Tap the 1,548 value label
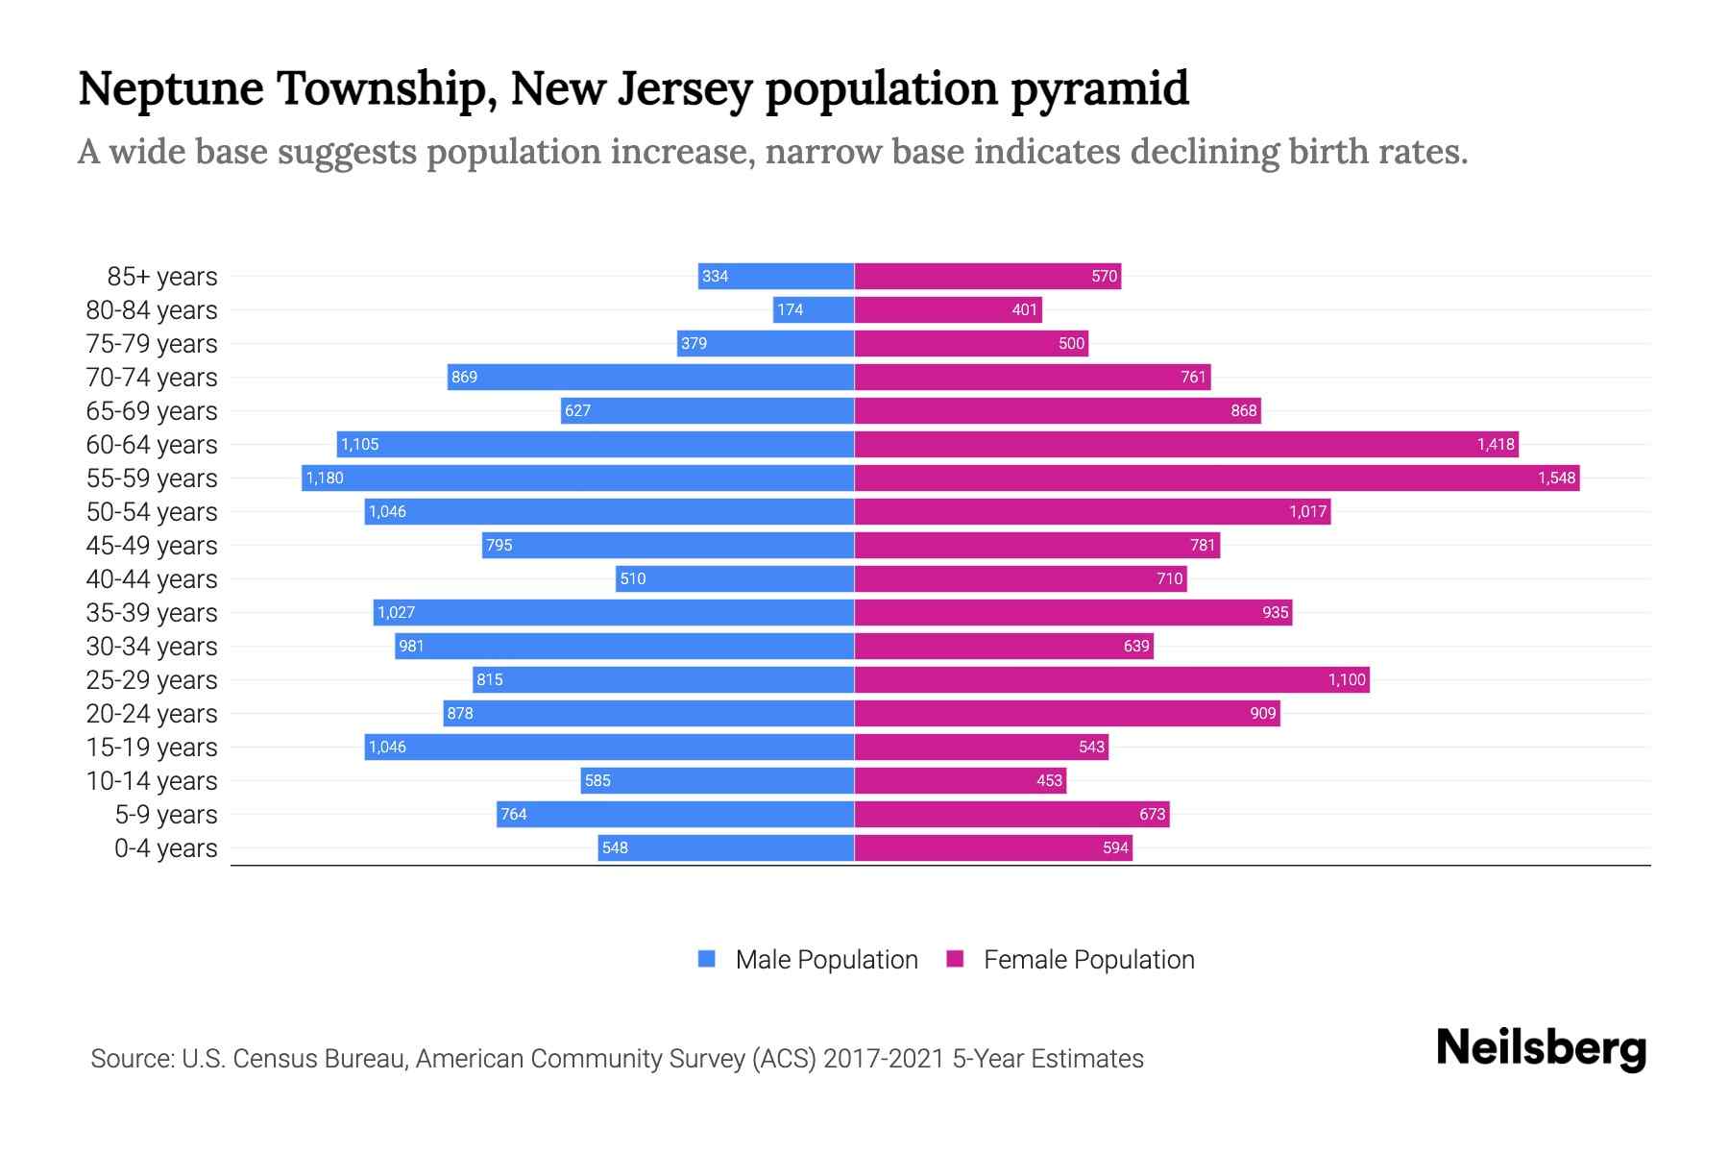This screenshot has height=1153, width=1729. [1556, 478]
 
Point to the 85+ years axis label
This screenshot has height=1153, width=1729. [162, 277]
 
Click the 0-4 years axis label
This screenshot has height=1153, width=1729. [165, 848]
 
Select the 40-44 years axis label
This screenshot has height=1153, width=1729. [152, 579]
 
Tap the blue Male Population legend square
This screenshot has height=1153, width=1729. [707, 959]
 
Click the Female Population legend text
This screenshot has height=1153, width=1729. [1088, 960]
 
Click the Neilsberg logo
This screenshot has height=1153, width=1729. [1541, 1048]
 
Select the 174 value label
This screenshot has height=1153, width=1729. [790, 309]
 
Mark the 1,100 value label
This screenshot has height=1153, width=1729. [1347, 679]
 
